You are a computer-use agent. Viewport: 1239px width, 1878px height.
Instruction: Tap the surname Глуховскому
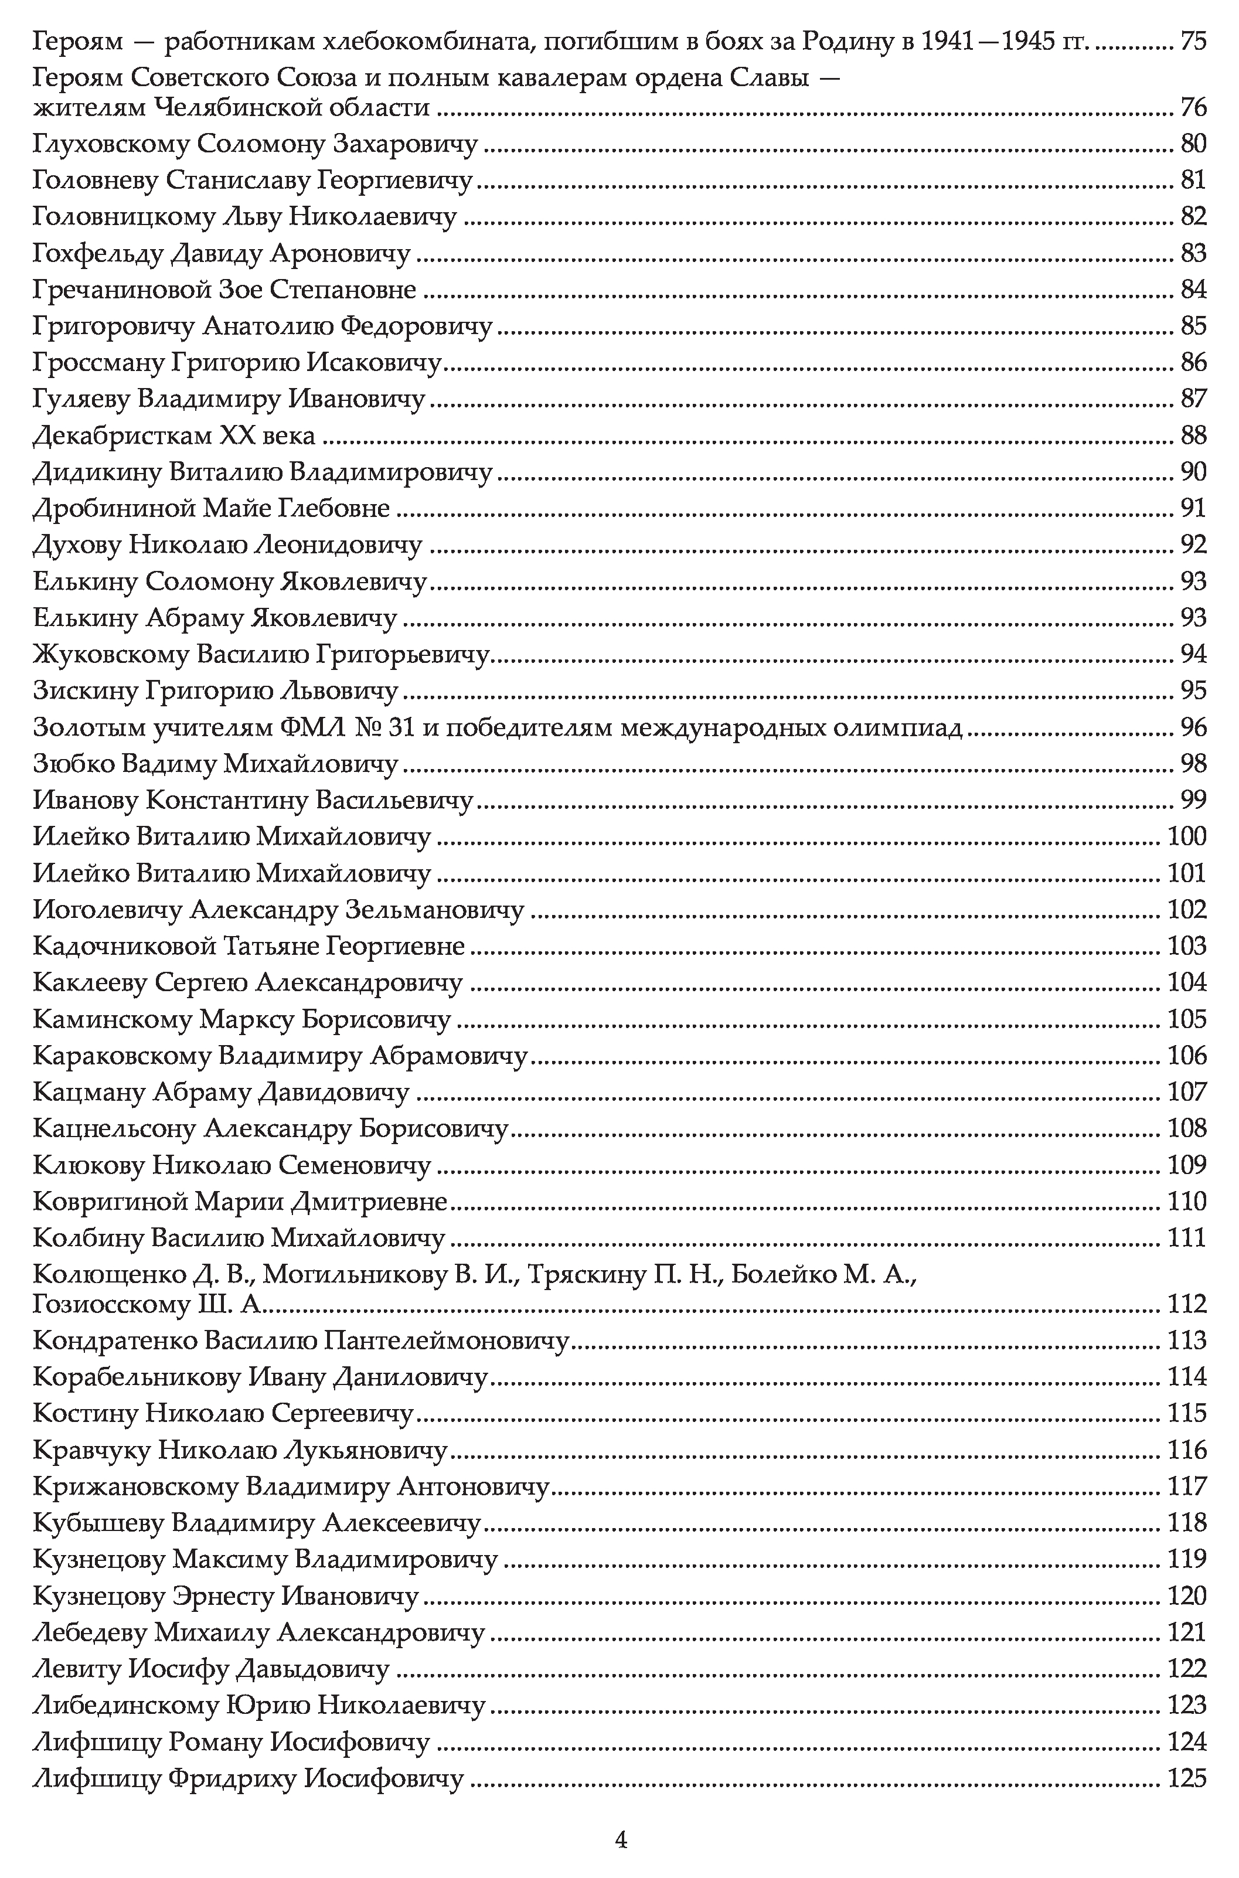point(111,144)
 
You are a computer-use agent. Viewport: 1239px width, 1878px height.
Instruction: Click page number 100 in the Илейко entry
point(1187,836)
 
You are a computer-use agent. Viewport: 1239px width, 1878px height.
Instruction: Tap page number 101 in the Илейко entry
point(1187,873)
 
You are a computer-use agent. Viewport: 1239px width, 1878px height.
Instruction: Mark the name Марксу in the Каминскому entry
point(246,1019)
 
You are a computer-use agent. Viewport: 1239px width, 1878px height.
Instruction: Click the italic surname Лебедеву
point(91,1632)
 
